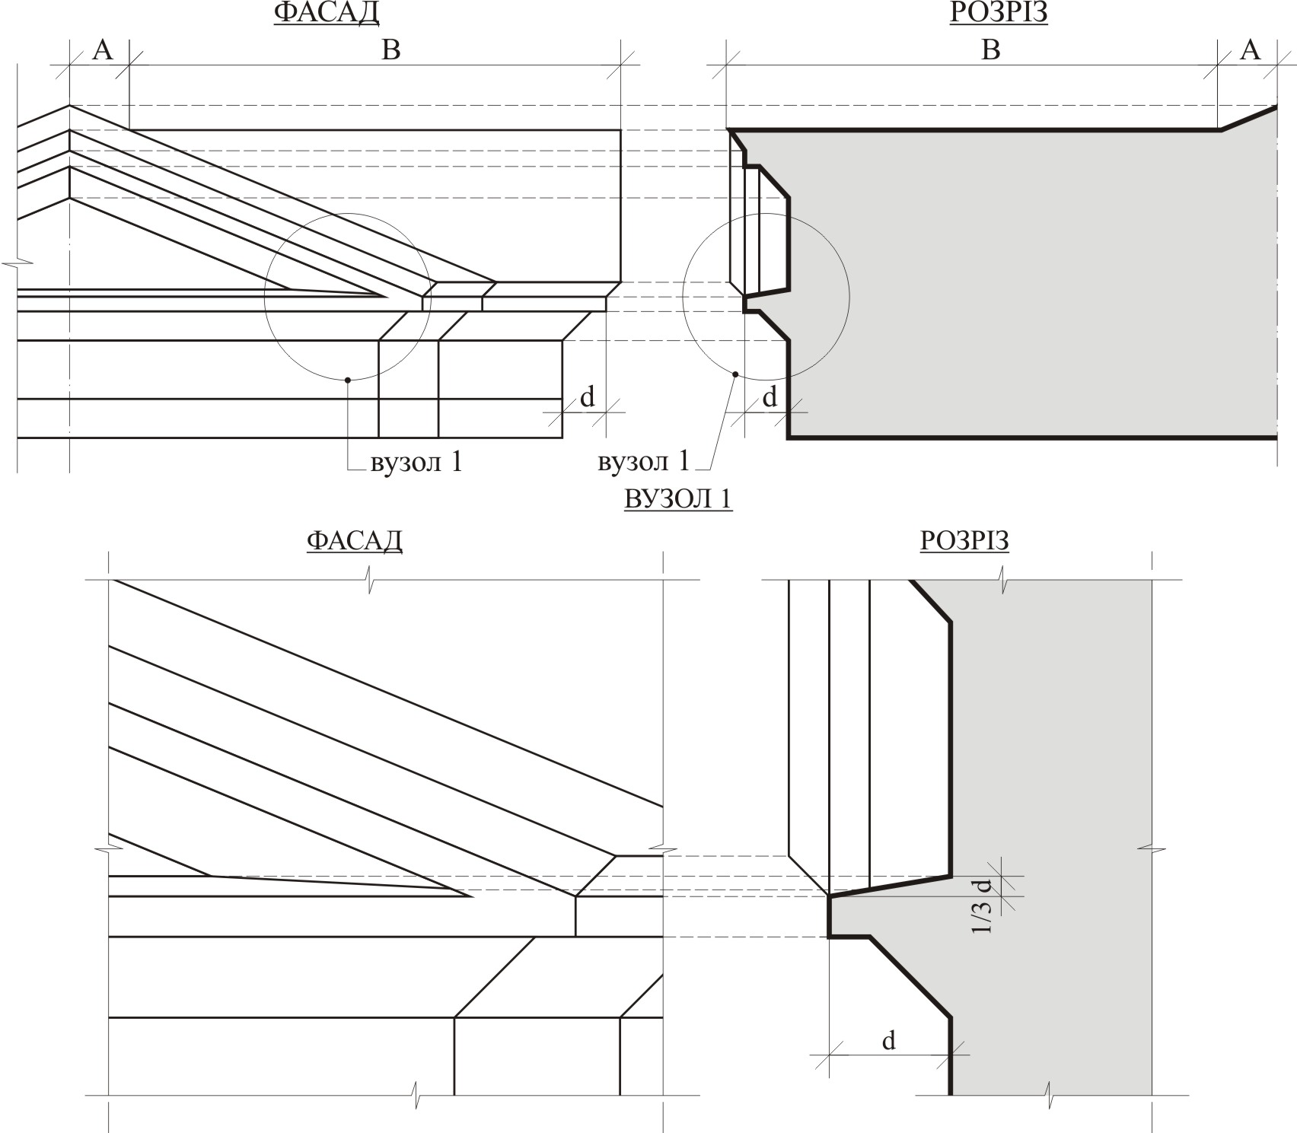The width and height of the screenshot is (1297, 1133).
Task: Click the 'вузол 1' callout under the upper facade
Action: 416,462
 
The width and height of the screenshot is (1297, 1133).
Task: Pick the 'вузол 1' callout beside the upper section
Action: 644,461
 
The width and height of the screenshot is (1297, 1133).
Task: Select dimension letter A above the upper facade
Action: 102,49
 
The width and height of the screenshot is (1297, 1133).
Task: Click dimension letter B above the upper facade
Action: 391,49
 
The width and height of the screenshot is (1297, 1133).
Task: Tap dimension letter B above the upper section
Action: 991,49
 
